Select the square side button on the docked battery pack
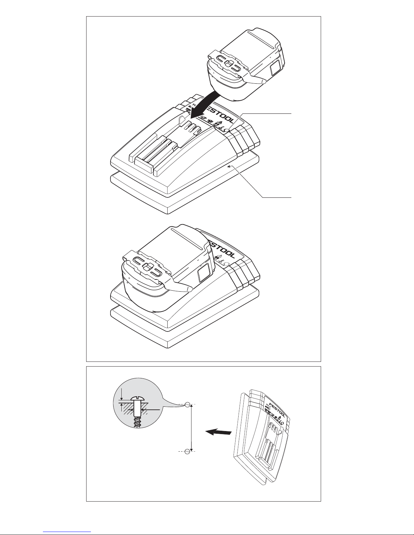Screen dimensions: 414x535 203,274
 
